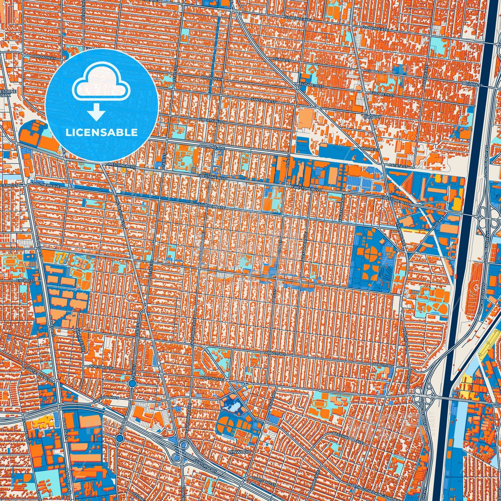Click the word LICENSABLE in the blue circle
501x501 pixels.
coord(102,132)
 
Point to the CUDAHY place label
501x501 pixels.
coord(372,117)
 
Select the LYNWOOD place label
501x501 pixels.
coord(239,452)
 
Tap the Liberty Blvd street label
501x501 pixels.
coord(212,122)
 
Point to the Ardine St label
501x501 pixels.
coord(370,149)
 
